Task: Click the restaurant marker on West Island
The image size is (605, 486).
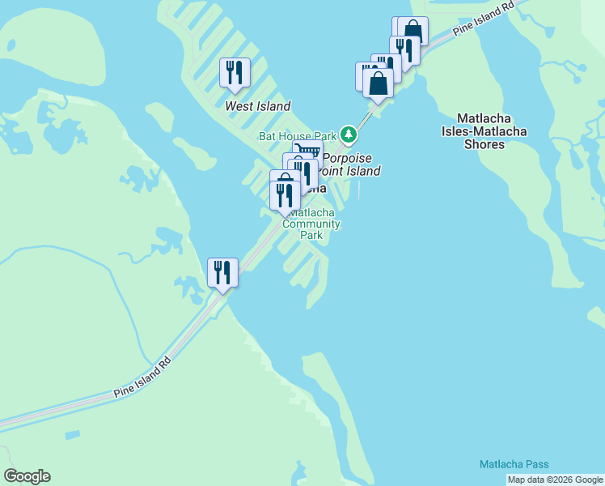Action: [x=235, y=73]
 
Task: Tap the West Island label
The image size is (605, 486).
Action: [x=257, y=106]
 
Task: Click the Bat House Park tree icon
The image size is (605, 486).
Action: [x=349, y=133]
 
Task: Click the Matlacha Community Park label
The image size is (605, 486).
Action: [x=311, y=224]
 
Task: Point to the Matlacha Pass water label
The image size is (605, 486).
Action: [x=514, y=464]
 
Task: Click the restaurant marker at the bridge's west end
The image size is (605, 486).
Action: [x=222, y=271]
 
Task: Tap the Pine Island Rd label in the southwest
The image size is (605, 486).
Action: [x=142, y=377]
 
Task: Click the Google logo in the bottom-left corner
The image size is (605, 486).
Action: [x=27, y=476]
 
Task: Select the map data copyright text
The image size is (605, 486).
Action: [x=556, y=480]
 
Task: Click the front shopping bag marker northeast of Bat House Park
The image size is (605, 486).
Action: [x=378, y=83]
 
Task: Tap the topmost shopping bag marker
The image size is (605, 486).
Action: [x=413, y=30]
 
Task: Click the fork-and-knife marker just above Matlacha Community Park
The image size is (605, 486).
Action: [x=284, y=195]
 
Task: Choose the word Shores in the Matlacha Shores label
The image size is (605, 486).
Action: [x=484, y=144]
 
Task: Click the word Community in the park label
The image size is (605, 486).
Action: [x=316, y=224]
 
